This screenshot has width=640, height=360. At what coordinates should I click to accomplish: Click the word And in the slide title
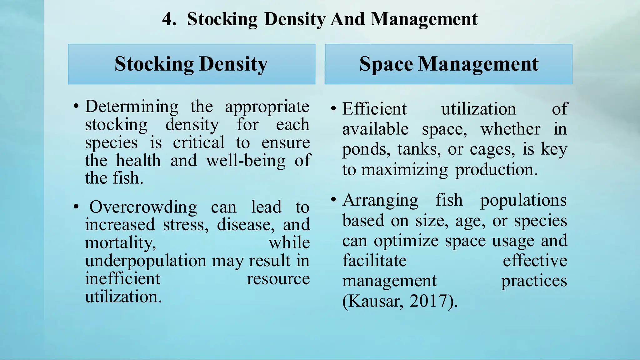pos(347,19)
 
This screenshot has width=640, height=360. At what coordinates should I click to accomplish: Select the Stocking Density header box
pos(192,64)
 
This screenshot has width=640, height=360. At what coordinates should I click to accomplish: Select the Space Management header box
pos(448,64)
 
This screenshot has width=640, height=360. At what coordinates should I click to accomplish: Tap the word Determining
pos(132,107)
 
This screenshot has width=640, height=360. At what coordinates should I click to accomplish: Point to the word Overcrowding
pos(143,207)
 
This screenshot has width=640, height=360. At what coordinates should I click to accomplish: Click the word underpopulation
pos(146,261)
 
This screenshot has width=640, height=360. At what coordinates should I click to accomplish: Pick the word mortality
pos(120,243)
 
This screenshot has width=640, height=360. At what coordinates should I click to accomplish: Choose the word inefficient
pos(122,279)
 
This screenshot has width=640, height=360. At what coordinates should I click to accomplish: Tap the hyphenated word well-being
pos(246,161)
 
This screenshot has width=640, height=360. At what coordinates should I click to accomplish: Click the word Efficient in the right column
pos(374,109)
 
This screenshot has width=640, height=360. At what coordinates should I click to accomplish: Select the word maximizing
pos(404,170)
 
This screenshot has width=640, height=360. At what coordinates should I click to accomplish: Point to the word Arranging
pos(380,200)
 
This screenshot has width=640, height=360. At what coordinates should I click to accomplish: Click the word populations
pos(523,200)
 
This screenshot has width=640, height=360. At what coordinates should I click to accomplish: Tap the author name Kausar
pos(373,302)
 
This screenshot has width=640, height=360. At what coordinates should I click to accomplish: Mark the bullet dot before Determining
pos(76,107)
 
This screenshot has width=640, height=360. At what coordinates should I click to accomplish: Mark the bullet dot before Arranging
pos(333,200)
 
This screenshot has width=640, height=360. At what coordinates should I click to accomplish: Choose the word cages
pos(492,150)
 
